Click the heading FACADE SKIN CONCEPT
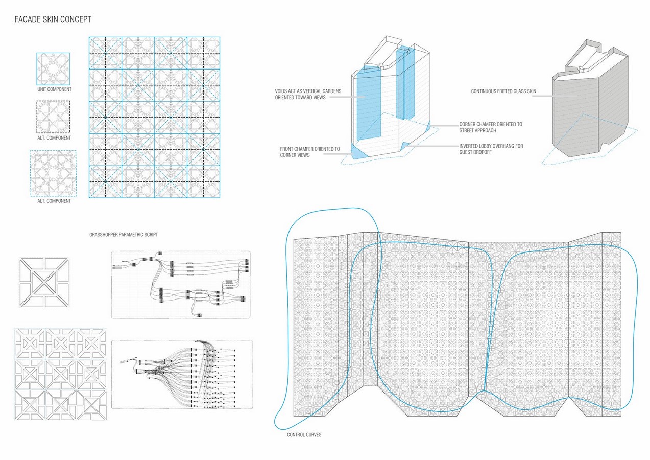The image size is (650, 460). click(x=53, y=19)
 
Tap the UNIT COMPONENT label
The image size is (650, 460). click(x=54, y=89)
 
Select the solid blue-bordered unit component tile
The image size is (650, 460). click(x=53, y=69)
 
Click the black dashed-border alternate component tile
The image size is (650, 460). click(x=53, y=117)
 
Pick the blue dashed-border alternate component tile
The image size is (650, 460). click(x=53, y=173)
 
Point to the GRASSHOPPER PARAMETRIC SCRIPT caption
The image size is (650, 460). click(x=124, y=235)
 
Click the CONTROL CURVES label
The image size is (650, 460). click(x=304, y=435)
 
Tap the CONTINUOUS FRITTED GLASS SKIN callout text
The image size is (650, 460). click(x=503, y=91)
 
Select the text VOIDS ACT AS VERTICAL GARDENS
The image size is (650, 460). click(x=308, y=91)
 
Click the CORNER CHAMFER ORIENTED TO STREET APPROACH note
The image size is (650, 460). click(x=491, y=127)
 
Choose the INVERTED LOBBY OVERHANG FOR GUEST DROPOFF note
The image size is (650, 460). click(x=491, y=149)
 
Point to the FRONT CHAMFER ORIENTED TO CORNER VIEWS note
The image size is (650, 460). click(x=310, y=152)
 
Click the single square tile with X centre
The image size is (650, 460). click(x=44, y=283)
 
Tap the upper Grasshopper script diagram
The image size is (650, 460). click(x=181, y=285)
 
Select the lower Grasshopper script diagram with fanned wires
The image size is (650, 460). click(x=182, y=374)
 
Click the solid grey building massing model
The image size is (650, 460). click(x=590, y=99)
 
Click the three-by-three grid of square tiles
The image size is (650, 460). click(x=61, y=374)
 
